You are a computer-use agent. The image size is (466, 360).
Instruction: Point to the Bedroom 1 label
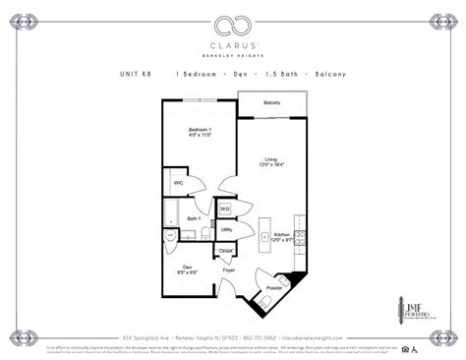click(201, 132)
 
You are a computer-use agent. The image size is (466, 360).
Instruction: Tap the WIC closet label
click(179, 183)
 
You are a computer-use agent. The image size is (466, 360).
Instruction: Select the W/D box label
click(224, 209)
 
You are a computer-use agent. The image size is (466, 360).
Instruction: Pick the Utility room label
click(226, 229)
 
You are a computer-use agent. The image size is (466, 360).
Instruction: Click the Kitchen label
click(281, 236)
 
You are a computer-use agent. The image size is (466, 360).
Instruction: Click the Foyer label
click(228, 269)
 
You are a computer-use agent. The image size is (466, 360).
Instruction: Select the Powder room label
click(268, 290)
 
